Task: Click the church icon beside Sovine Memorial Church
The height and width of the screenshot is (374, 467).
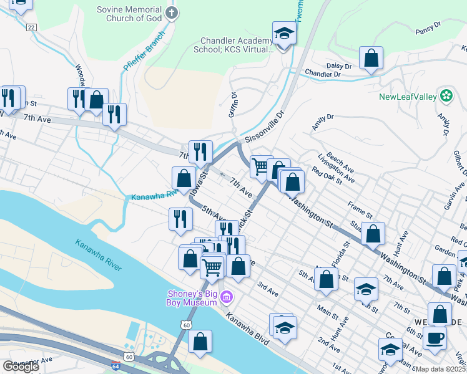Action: coord(172,12)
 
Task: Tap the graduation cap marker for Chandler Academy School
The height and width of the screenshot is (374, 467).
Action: coord(284,34)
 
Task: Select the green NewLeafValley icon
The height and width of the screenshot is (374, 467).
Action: coord(446,96)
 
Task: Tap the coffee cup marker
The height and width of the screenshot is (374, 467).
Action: coord(435,338)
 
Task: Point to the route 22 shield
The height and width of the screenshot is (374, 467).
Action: coord(31,27)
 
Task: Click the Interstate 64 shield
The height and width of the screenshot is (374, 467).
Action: coord(115,367)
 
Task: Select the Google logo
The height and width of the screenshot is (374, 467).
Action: coord(20,367)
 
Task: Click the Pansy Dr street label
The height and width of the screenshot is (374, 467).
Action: coord(428,29)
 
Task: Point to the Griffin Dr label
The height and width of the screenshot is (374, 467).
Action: coord(234,105)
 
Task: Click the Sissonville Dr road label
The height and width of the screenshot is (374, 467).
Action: coord(264,125)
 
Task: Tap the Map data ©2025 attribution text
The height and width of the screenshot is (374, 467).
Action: coord(441,369)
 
